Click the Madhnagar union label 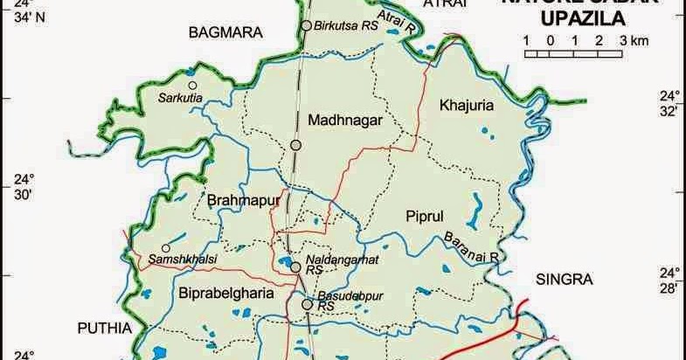(345, 121)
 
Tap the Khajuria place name (468, 105)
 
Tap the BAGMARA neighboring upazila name (225, 33)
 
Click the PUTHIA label (103, 329)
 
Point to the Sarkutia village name (180, 98)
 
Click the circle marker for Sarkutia (192, 85)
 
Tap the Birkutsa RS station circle (306, 26)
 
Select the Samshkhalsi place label (187, 260)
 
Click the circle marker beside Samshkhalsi (165, 247)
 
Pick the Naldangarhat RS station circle (296, 267)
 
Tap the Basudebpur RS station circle (306, 305)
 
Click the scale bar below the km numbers (573, 54)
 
